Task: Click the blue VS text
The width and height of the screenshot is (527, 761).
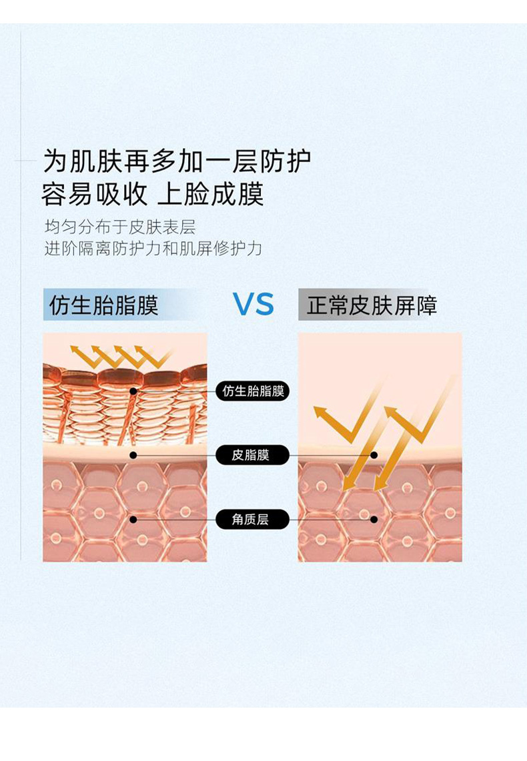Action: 253,304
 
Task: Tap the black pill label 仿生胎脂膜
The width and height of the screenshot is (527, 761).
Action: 253,392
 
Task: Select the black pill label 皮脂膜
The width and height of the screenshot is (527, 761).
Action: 252,456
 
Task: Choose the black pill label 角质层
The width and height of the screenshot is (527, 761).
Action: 252,520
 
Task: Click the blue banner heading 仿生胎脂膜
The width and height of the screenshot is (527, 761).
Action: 104,305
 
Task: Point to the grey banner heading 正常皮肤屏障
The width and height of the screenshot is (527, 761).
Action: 372,305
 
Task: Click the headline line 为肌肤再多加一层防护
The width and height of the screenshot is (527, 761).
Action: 177,161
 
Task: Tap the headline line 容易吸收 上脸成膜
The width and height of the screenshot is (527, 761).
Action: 152,194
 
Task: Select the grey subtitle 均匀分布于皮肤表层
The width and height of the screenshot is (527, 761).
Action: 120,227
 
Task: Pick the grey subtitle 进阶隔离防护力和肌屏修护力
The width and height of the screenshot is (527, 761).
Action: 153,249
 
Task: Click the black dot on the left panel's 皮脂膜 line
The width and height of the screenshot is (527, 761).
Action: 133,456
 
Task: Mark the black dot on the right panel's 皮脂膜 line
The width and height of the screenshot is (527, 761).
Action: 374,456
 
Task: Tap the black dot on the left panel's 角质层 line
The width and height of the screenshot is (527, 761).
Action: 133,520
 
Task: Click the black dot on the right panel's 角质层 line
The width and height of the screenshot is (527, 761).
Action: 374,520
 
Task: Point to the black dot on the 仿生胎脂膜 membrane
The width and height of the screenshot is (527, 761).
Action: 133,392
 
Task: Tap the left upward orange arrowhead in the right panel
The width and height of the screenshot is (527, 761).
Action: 322,414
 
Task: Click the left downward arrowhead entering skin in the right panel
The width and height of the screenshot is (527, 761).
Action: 349,484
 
